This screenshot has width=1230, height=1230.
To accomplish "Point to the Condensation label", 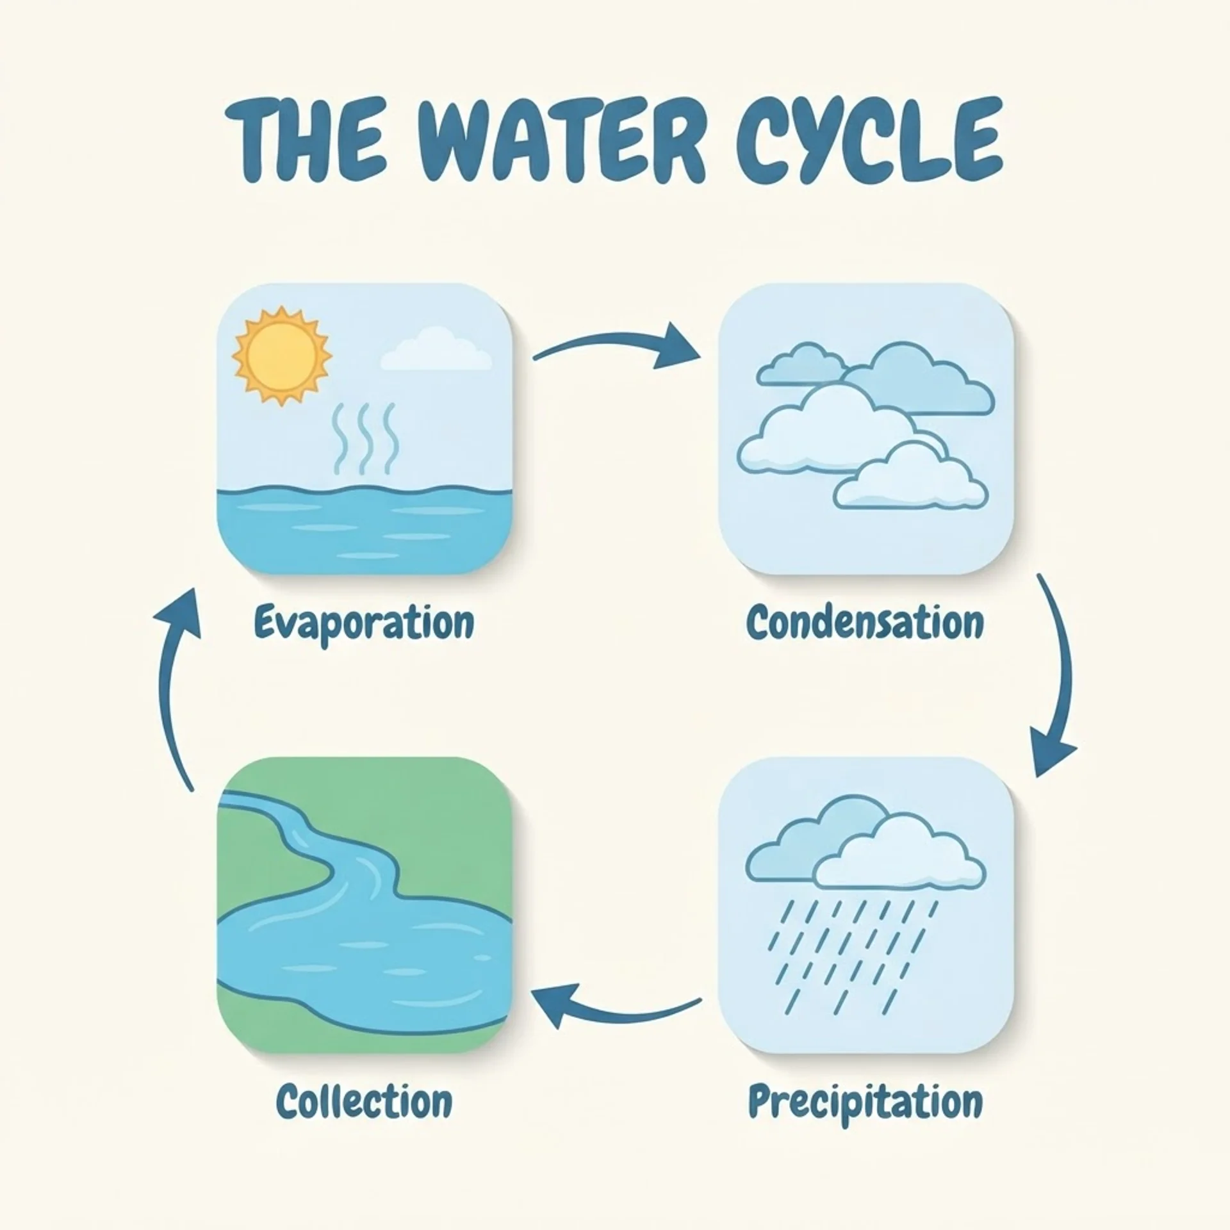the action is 865,622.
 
